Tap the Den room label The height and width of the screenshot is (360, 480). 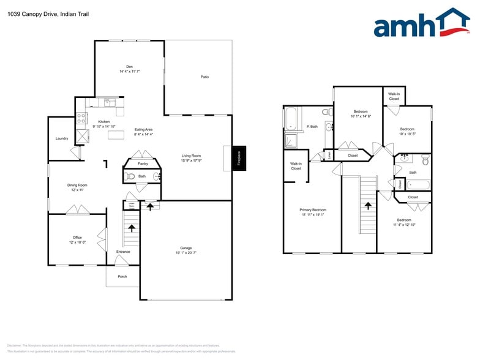coord(129,67)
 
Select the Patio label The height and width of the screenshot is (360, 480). coord(204,77)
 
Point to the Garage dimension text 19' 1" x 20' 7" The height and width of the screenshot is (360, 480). coord(186,252)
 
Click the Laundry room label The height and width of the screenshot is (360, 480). coord(62,138)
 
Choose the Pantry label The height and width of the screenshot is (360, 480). coord(143,163)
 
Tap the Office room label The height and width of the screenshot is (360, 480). coord(77,238)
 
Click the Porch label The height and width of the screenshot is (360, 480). coord(122,276)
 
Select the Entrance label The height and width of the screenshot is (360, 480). coord(123,252)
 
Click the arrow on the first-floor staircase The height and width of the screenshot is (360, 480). coord(131,228)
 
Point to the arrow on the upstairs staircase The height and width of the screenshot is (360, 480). coord(368,208)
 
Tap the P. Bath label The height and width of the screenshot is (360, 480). coord(312,127)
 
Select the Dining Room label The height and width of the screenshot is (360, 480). coord(77,185)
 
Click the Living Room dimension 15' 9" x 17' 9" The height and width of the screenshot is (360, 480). coord(191,160)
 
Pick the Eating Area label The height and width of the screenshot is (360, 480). coord(143,130)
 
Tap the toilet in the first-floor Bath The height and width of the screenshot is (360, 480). coord(130,176)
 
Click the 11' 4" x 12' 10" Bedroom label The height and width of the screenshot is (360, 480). coord(404,220)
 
